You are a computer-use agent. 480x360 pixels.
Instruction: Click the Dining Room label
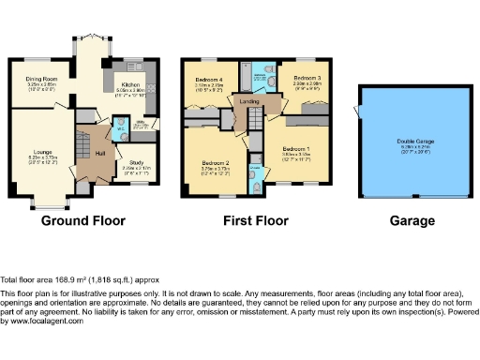[x=41, y=79]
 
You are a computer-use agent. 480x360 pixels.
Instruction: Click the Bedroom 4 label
[x=208, y=78]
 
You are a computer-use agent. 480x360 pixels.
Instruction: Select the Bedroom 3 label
[x=306, y=78]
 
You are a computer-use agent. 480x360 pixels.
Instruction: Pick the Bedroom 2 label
[x=215, y=163]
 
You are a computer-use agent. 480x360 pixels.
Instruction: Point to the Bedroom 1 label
[x=296, y=149]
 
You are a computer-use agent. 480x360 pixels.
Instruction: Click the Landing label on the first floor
[x=249, y=100]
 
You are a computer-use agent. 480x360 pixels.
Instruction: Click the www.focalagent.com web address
[x=43, y=321]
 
